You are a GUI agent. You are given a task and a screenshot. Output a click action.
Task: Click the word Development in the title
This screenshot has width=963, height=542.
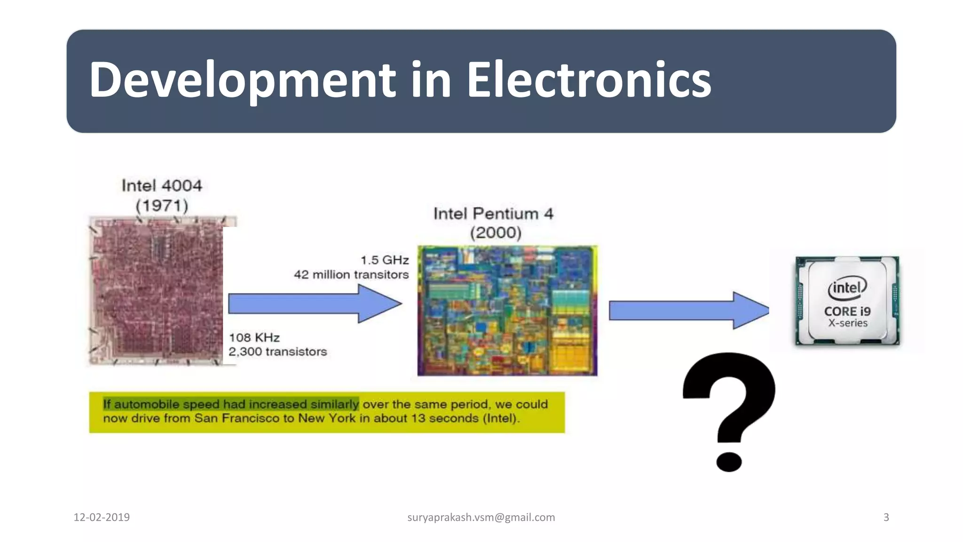(242, 80)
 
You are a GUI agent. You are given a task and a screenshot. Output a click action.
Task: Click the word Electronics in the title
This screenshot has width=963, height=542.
(588, 80)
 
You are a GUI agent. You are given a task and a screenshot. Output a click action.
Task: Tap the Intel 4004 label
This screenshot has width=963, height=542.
(162, 185)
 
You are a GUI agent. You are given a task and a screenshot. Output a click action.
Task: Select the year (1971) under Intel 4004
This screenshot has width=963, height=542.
(162, 206)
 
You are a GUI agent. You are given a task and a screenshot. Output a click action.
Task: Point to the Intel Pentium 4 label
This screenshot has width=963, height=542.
(493, 214)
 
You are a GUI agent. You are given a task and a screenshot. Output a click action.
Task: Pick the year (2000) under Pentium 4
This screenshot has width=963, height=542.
(496, 233)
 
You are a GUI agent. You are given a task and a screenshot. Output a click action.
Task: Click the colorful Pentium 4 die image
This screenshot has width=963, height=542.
(507, 311)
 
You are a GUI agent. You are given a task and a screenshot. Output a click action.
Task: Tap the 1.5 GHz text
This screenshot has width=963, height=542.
(385, 260)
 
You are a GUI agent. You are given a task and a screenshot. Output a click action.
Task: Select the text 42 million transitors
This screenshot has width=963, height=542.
(351, 275)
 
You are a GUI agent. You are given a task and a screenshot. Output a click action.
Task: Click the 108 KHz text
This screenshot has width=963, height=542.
(254, 338)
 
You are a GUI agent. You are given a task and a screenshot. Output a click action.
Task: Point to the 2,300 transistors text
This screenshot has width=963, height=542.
(277, 352)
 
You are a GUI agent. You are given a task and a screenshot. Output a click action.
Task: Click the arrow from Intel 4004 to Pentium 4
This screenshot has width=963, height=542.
(314, 304)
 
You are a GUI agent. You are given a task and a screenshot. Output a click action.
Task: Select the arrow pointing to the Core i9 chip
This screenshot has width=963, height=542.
(688, 311)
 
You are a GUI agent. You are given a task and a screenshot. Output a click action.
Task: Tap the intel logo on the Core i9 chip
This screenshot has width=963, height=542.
(847, 287)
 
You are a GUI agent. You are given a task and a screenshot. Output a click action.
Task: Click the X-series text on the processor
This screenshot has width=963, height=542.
(848, 323)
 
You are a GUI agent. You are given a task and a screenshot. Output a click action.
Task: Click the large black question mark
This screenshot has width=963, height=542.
(729, 409)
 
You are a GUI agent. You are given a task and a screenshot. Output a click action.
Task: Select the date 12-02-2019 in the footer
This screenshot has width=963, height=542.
(102, 518)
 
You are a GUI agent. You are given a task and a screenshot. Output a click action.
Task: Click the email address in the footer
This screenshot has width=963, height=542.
(481, 518)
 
